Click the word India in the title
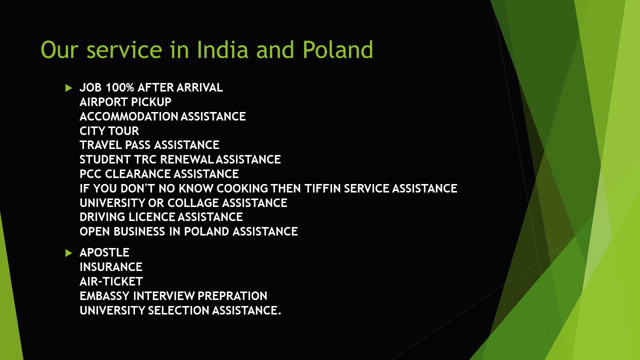pos(222,49)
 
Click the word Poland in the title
pos(337,49)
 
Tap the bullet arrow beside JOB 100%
pos(68,88)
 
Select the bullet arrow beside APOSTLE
pos(68,253)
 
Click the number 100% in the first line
pos(119,87)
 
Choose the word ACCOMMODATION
pos(129,116)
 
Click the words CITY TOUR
pos(109,131)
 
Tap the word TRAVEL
pos(100,145)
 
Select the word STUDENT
pos(105,159)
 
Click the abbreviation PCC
pos(90,174)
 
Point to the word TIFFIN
pos(322,188)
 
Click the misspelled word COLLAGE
pos(193,203)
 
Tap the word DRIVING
pos(102,217)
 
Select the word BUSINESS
pos(139,231)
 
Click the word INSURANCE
pos(111,267)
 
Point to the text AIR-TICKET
pos(111,281)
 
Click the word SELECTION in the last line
pos(178,310)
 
